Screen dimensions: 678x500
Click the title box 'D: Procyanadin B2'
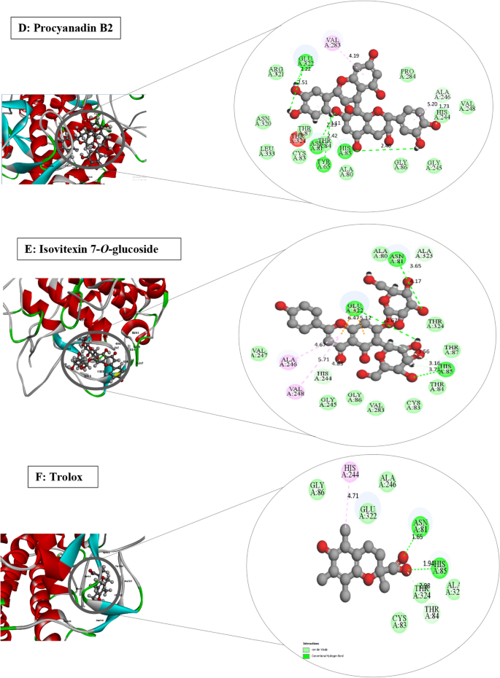point(65,31)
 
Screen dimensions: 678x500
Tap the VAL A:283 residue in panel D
point(333,43)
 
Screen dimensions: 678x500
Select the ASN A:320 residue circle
point(264,121)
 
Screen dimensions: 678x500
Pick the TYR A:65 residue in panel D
point(323,164)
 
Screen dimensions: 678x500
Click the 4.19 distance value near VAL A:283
point(355,56)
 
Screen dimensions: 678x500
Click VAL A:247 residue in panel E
point(258,354)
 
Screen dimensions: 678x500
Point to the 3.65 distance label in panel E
point(416,268)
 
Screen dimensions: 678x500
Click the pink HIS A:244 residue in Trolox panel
point(351,472)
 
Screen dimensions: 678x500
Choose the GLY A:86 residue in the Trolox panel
point(317,488)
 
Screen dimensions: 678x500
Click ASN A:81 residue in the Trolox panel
point(419,523)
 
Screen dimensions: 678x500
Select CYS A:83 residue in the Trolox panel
point(398,622)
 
